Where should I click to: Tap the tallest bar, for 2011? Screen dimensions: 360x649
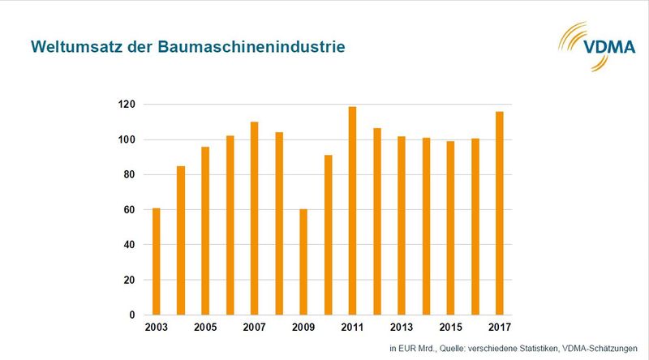coord(353,211)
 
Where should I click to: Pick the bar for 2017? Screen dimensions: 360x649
coord(500,213)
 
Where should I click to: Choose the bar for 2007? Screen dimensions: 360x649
coord(255,218)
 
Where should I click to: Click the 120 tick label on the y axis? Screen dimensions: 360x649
coord(126,105)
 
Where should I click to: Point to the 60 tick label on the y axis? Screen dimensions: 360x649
coord(129,210)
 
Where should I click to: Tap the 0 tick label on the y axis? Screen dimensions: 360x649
coord(131,315)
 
